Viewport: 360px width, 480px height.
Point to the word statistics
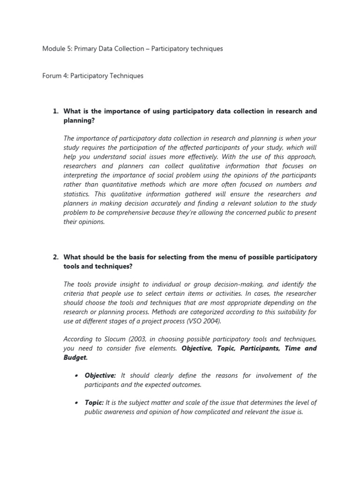(x=78, y=194)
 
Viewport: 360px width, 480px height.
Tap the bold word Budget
(x=75, y=357)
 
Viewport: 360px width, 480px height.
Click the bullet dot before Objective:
(x=76, y=376)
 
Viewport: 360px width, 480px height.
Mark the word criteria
(x=75, y=294)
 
